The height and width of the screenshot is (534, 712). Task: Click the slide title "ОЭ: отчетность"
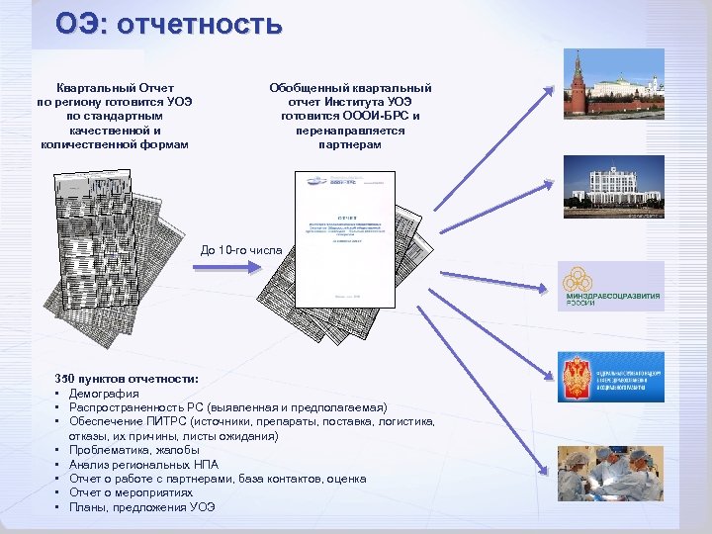click(x=168, y=23)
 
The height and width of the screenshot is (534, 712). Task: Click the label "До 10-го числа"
click(x=241, y=250)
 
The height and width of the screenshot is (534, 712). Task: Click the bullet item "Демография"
click(x=104, y=394)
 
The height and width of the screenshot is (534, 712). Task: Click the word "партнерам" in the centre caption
click(x=350, y=144)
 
